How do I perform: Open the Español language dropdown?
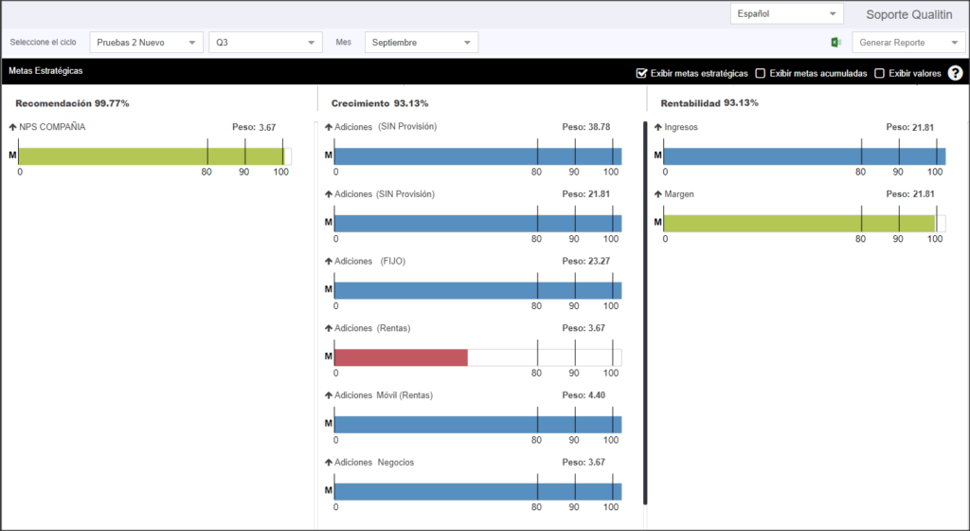(x=786, y=13)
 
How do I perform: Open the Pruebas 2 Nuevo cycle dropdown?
(x=146, y=42)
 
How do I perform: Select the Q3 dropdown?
(x=265, y=42)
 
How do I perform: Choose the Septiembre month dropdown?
(x=422, y=42)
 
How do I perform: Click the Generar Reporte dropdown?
(x=908, y=42)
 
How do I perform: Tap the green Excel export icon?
(x=835, y=42)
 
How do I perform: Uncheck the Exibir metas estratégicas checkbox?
(x=641, y=73)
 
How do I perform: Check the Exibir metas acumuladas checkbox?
(x=761, y=73)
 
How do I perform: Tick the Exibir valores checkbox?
(x=879, y=73)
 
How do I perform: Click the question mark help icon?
(x=955, y=73)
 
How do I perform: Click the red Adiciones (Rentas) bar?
(x=401, y=357)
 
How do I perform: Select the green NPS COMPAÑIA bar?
(x=151, y=156)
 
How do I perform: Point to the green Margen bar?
(x=799, y=224)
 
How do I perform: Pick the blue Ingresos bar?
(x=804, y=156)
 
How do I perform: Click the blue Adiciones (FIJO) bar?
(x=478, y=290)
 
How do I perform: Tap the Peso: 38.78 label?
(x=585, y=127)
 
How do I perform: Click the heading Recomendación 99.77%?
(x=72, y=103)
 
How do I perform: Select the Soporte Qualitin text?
(x=908, y=14)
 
